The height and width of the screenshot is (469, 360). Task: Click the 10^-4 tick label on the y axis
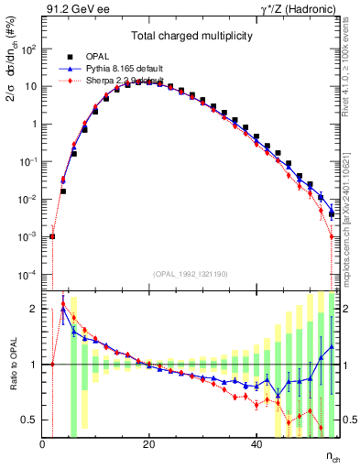point(27,275)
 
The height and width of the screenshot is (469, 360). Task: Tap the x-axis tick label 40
point(256,443)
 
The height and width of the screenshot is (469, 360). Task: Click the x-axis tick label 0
point(42,443)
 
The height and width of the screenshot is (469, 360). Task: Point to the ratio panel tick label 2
point(34,309)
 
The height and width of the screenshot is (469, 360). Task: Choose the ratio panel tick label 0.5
point(30,420)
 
